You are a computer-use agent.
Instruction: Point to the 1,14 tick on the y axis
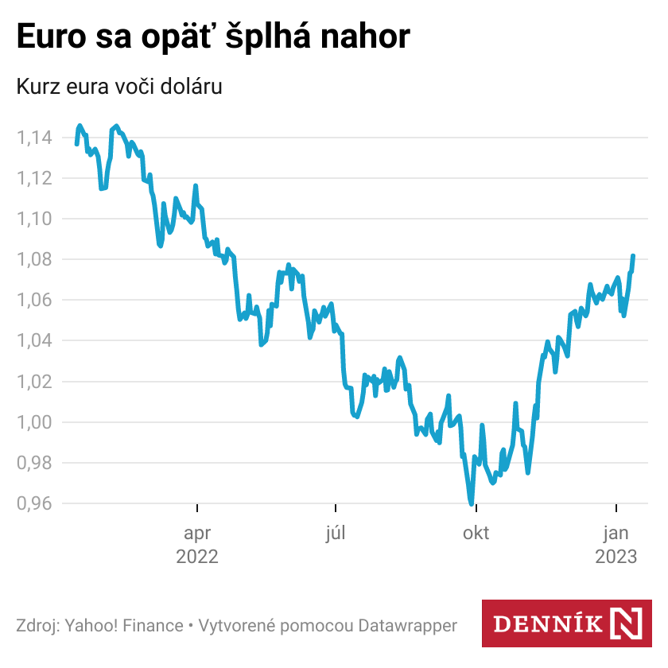(34, 138)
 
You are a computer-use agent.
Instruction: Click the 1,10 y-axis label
(34, 219)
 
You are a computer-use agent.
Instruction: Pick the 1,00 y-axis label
(34, 422)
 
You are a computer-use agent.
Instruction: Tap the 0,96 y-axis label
(34, 503)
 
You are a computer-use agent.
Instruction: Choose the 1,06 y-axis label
(34, 300)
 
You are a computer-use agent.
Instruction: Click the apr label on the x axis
(197, 533)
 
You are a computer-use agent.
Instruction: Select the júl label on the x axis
(336, 533)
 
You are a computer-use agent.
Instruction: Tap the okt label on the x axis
(476, 533)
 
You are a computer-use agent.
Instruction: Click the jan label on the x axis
(616, 533)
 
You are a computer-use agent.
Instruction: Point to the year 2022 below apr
(197, 557)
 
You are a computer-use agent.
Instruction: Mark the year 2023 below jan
(616, 557)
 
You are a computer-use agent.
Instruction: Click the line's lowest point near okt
(472, 503)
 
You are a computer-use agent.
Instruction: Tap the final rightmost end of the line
(634, 256)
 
